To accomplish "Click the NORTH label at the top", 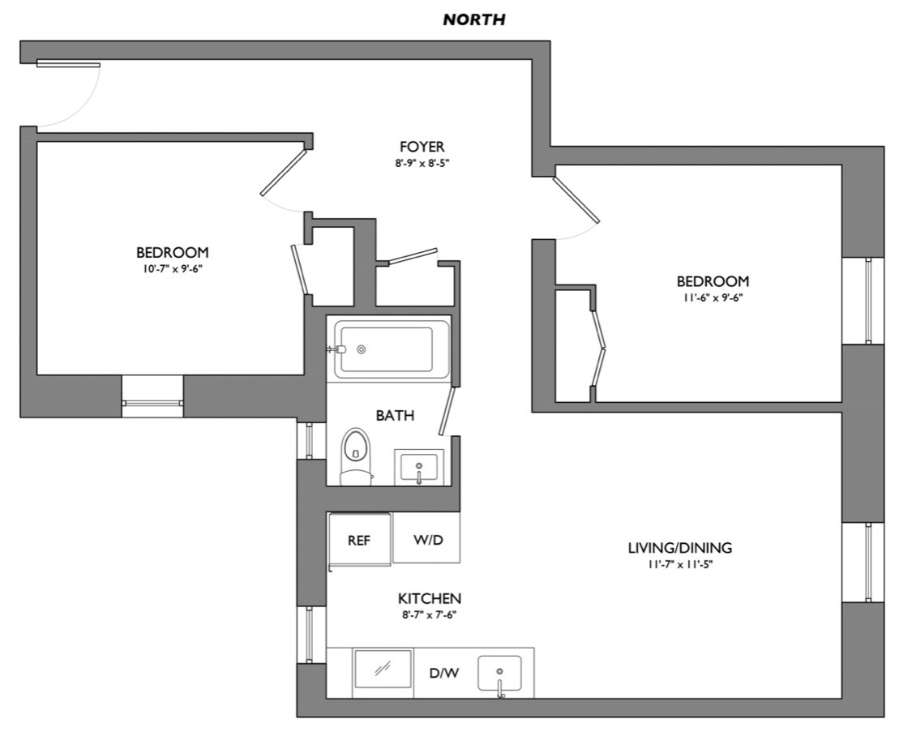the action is click(473, 19).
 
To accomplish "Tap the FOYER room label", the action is click(422, 147).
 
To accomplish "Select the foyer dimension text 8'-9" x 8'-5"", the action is click(422, 163).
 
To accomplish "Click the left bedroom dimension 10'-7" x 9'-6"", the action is click(172, 268).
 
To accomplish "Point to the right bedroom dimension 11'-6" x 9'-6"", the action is click(713, 297).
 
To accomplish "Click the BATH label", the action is click(395, 416).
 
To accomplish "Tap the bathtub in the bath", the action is click(392, 349).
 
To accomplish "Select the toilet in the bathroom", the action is click(355, 455).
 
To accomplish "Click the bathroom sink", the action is click(419, 468).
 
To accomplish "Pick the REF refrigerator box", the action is click(359, 540).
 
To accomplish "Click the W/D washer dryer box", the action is click(427, 540).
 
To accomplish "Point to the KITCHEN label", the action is click(429, 599).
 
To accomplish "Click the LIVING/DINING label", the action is click(679, 548).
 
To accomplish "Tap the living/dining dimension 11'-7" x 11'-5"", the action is click(679, 564).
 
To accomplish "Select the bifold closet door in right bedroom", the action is click(599, 349).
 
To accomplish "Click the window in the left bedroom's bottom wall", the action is click(152, 403).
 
